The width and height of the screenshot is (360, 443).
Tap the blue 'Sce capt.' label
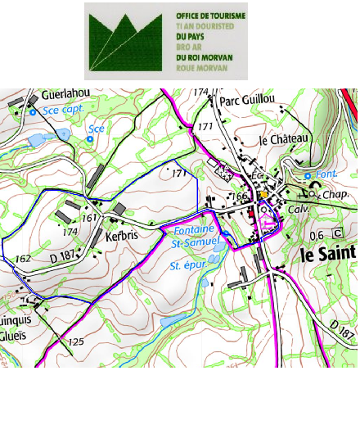point(65,109)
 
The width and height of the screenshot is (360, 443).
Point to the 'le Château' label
point(283,139)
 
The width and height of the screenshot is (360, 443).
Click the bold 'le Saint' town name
point(329,255)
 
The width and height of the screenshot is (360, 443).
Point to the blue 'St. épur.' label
point(188,266)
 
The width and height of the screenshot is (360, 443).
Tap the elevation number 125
point(76,341)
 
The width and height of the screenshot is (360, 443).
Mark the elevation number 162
point(23,258)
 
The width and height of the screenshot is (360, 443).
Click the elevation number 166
point(239,197)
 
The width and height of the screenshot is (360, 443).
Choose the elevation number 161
point(91,218)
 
